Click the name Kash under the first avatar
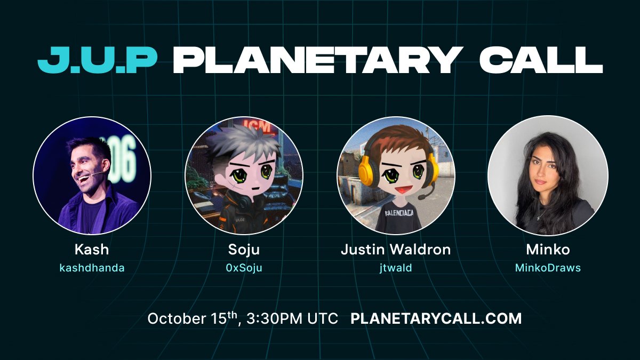92,250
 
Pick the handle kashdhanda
92,268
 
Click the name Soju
244,250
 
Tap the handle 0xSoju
244,268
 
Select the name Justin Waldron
396,250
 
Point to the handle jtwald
396,268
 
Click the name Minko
548,250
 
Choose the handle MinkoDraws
548,268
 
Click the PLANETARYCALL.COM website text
436,318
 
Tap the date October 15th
193,318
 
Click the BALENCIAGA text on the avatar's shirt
399,213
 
